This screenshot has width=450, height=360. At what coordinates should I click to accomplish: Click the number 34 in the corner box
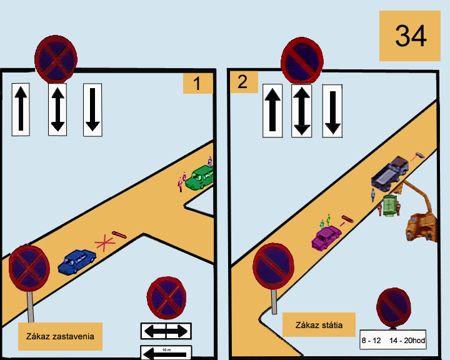click(411, 36)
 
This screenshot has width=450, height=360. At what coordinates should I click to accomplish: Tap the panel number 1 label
click(197, 84)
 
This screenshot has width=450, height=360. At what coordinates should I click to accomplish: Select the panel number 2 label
click(242, 82)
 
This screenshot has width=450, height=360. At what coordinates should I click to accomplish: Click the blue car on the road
click(77, 261)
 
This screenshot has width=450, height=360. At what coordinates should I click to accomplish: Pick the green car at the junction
click(200, 177)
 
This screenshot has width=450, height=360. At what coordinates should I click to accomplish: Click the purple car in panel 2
click(326, 237)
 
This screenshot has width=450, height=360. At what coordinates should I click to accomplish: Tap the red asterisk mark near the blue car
click(105, 243)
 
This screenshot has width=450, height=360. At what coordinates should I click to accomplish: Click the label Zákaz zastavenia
click(60, 336)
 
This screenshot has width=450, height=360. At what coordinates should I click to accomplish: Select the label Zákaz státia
click(319, 325)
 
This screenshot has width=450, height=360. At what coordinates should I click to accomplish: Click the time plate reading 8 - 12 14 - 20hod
click(393, 340)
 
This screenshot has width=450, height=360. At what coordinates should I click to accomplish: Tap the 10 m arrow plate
click(166, 352)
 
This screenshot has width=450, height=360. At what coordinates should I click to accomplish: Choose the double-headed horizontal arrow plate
click(166, 331)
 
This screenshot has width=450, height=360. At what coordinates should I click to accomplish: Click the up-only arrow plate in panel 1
click(21, 109)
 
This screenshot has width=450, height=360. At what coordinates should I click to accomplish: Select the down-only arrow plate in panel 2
click(332, 111)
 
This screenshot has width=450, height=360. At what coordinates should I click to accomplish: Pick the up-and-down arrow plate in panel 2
click(301, 111)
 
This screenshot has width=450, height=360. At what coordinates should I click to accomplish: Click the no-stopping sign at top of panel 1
click(56, 59)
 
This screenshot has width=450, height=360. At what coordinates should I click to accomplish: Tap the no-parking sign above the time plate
click(394, 308)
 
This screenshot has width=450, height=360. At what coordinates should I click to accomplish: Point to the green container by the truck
click(389, 206)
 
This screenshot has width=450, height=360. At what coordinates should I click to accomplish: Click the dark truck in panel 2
click(390, 173)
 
